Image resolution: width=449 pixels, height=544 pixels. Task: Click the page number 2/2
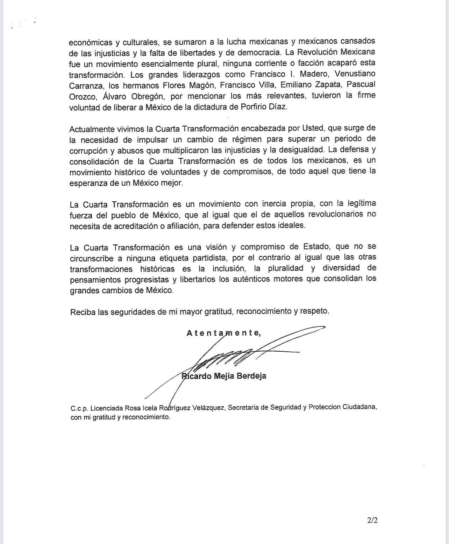click(x=372, y=520)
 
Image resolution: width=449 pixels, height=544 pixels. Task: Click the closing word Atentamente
click(x=223, y=333)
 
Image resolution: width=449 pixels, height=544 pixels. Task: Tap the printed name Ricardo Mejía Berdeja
click(x=224, y=376)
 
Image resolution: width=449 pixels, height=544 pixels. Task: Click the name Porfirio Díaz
click(x=264, y=107)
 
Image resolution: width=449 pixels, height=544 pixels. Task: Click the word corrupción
click(x=88, y=151)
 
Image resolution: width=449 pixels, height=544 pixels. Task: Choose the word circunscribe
click(x=92, y=258)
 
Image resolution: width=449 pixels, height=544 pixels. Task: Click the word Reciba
click(x=83, y=312)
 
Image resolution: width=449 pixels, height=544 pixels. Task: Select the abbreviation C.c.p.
click(x=79, y=408)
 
